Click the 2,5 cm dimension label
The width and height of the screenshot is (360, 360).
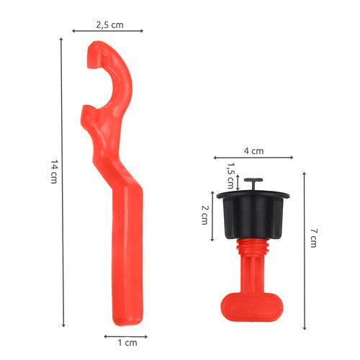coord(109,25)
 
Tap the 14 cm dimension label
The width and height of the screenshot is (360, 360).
coord(54,172)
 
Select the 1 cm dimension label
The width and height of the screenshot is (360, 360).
coord(127,343)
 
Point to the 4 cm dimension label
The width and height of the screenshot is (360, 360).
coord(253,151)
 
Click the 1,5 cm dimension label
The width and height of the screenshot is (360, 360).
coord(230,176)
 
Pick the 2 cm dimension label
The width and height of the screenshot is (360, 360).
coord(204,215)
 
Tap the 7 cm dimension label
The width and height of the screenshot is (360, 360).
coord(313,238)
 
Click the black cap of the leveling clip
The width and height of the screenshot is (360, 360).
coord(253,215)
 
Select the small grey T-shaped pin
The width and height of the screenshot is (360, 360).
coord(253,184)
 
